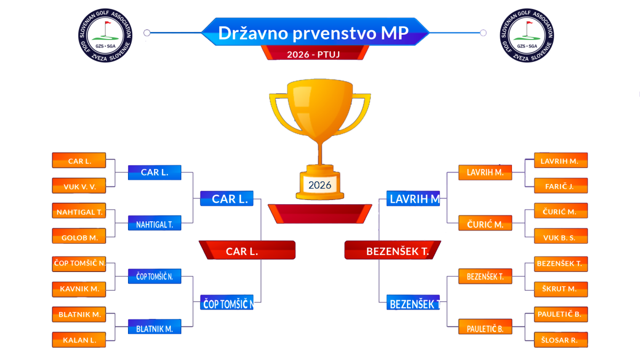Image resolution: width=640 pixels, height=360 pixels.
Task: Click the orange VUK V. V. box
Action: (x=79, y=186)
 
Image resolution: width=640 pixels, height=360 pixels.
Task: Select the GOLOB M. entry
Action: (x=79, y=236)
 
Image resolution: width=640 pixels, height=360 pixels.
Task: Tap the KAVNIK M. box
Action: (x=79, y=290)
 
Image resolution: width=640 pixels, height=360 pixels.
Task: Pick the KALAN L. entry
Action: (x=79, y=340)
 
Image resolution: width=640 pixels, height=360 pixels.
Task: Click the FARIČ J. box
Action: (x=561, y=186)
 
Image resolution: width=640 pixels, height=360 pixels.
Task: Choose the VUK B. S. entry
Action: (x=561, y=236)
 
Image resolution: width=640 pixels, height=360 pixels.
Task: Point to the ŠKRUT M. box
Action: (x=561, y=290)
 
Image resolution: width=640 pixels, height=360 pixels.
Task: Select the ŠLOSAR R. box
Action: (x=561, y=340)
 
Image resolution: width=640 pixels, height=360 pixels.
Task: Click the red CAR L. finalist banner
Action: (x=247, y=250)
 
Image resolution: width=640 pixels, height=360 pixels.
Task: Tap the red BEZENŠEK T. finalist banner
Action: (x=393, y=250)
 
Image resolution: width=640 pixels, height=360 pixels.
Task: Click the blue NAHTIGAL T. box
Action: (x=155, y=223)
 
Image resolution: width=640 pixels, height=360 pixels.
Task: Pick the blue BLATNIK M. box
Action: (x=155, y=327)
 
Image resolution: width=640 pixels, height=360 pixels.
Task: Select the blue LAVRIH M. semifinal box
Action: (x=413, y=198)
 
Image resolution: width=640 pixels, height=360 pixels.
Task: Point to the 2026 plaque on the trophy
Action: (x=319, y=185)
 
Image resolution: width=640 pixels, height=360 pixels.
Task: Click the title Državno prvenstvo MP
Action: (x=314, y=33)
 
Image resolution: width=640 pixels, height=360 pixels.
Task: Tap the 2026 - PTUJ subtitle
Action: (x=314, y=54)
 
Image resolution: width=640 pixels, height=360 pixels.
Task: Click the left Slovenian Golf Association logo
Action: (x=106, y=35)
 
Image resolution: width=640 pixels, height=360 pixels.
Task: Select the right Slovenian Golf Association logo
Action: (x=527, y=35)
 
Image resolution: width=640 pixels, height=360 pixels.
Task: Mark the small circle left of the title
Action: (x=147, y=33)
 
